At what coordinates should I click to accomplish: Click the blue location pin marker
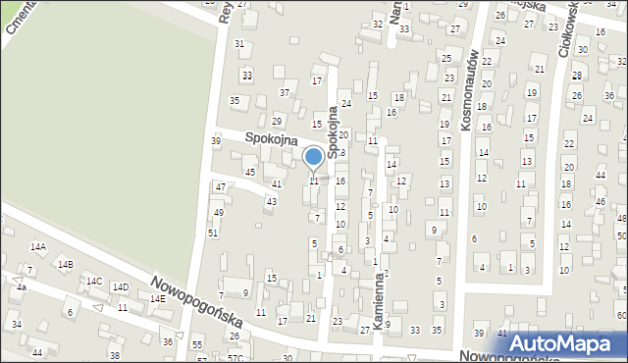coord(314,158)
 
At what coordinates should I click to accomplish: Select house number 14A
coord(38,247)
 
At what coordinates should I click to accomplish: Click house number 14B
coord(66,265)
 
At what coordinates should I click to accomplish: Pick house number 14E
coord(156,298)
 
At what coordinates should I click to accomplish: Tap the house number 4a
coord(21,287)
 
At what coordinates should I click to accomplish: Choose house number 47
coord(221,186)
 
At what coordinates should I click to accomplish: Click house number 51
coord(212,233)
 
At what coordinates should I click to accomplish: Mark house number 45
coord(250,173)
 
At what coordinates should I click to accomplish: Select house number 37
coord(285,92)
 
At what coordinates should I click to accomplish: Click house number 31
coord(239,44)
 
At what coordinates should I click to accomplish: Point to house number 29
coord(277,122)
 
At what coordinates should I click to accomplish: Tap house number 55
coord(197,345)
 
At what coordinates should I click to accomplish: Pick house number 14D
coord(120,287)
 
